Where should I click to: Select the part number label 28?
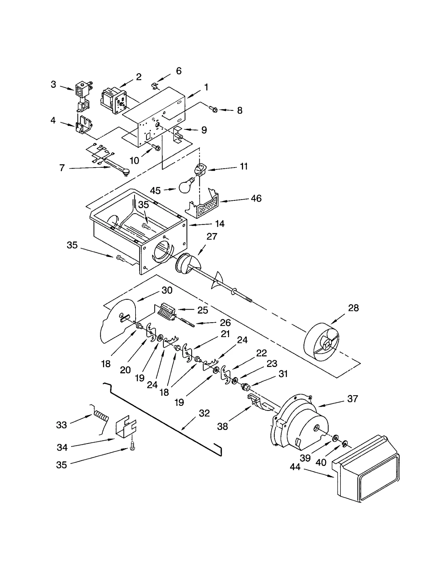(x=353, y=308)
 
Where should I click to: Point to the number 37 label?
(x=353, y=399)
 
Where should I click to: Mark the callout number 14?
(x=220, y=224)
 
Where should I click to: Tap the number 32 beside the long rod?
(x=204, y=413)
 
